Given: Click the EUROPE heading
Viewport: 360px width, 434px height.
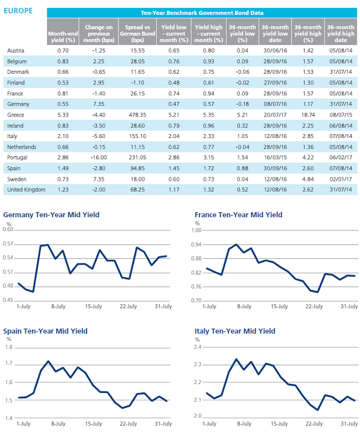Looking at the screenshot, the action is coord(18,11).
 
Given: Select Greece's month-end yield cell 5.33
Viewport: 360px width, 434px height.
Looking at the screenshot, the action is coord(63,115).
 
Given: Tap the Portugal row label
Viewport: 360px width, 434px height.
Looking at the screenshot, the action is coord(17,157).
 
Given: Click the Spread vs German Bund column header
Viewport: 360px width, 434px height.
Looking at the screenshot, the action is coord(137,33).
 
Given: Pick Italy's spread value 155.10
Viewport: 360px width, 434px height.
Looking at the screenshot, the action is coord(137,136).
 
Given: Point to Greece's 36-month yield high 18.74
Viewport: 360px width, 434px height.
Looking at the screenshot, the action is coord(308,115).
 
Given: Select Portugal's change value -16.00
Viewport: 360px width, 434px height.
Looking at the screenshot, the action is coord(99,157).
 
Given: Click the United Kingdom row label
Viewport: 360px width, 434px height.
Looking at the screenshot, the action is coord(26,190).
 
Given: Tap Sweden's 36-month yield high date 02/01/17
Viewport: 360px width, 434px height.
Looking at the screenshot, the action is coord(341,179).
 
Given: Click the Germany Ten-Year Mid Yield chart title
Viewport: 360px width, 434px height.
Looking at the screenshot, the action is coord(51,215).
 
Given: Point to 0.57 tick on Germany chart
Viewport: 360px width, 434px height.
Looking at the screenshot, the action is coord(8,244).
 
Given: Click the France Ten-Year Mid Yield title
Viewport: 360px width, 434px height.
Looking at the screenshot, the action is coord(238,215).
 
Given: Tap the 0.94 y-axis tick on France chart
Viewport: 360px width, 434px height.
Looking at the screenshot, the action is coord(196,244).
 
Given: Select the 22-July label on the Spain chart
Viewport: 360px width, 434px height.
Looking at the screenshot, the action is coord(128,423).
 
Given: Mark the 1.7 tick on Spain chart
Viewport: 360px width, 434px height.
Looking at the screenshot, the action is coord(9,363).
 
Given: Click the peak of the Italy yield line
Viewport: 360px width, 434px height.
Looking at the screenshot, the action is coord(236,359).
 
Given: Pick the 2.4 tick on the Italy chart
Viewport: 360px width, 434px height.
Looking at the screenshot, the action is coord(198,347).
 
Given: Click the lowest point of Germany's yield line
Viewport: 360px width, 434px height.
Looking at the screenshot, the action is coord(33,292).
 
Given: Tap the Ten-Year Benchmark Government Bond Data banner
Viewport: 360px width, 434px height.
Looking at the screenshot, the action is coord(202,13).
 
